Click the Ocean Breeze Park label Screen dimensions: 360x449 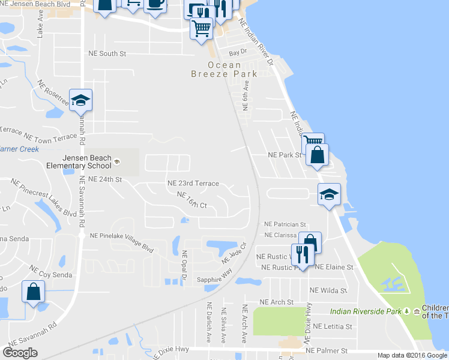[x=224, y=69]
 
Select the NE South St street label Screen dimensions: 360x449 [x=107, y=53]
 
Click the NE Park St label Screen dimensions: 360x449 [x=283, y=155]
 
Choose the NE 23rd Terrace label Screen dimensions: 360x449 [x=193, y=183]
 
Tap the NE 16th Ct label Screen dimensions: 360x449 [x=192, y=200]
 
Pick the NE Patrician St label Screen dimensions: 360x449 [x=285, y=224]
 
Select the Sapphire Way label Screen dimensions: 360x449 [x=215, y=271]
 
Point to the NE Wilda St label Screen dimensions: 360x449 [x=328, y=290]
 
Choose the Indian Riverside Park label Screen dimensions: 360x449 [x=366, y=311]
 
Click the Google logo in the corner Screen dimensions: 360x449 [x=20, y=353]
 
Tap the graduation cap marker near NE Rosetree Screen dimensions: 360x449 [x=80, y=100]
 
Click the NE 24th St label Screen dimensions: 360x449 [x=105, y=179]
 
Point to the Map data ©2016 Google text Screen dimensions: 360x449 [x=412, y=355]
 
